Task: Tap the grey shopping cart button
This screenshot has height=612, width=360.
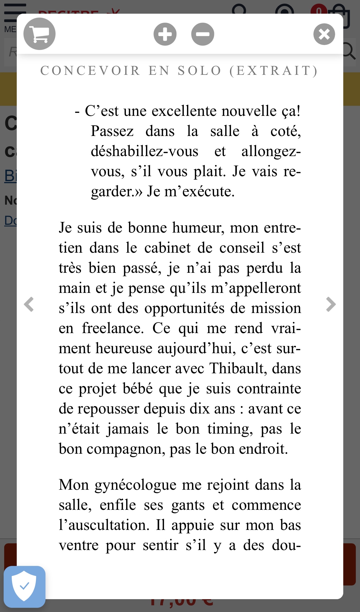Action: [x=39, y=34]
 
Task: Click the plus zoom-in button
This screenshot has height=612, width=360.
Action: [x=165, y=34]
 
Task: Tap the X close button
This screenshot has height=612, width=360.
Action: [x=324, y=34]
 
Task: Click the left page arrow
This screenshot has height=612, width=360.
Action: [x=29, y=304]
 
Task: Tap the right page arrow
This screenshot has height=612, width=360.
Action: [x=331, y=304]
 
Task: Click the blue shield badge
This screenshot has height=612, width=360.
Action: [x=25, y=587]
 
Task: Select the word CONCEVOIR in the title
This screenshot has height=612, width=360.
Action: [x=90, y=71]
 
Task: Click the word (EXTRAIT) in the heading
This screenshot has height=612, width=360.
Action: [x=273, y=71]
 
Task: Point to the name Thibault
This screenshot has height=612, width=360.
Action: [x=237, y=368]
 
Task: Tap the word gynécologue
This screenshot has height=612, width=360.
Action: [x=135, y=485]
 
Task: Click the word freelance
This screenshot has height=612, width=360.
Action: [x=113, y=328]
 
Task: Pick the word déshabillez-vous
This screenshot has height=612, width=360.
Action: [x=145, y=151]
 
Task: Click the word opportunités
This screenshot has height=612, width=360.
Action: [x=184, y=308]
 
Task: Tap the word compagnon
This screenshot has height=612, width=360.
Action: [x=126, y=449]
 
